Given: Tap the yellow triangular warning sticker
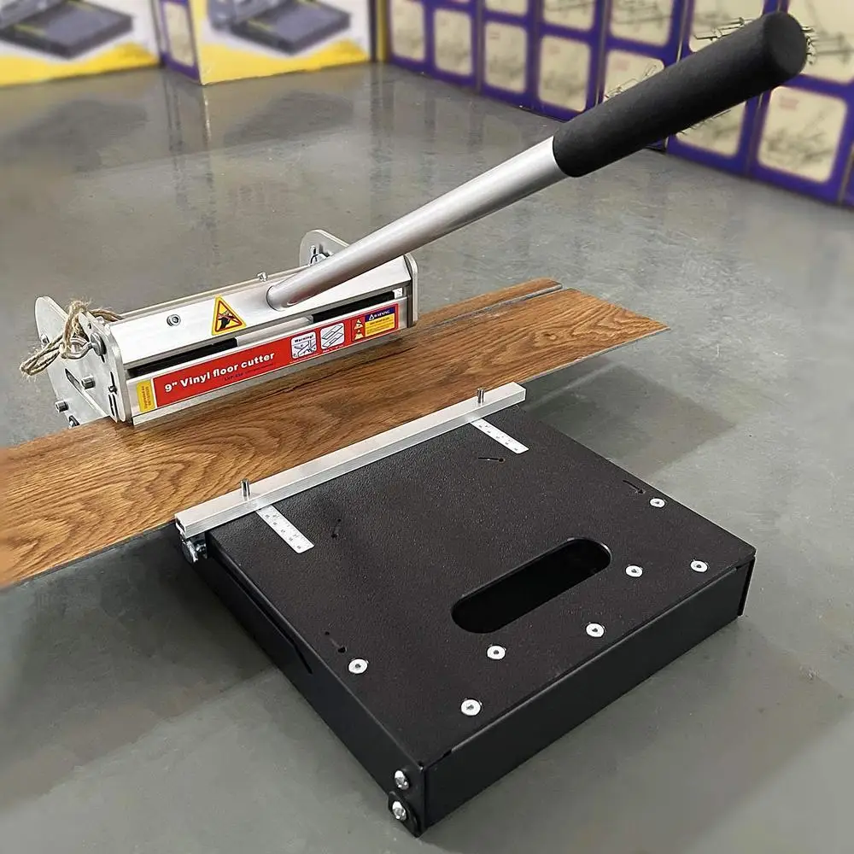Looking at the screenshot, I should click(x=227, y=316).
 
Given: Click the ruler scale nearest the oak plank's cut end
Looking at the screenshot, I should click(x=500, y=436).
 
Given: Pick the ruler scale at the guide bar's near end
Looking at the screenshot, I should click(x=284, y=529).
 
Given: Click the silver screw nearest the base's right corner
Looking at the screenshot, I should click(x=699, y=565).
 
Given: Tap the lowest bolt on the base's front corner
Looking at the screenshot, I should click(x=399, y=810).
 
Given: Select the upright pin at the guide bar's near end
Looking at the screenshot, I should click(x=245, y=489).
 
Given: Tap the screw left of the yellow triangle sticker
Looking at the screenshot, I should click(x=173, y=319).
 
